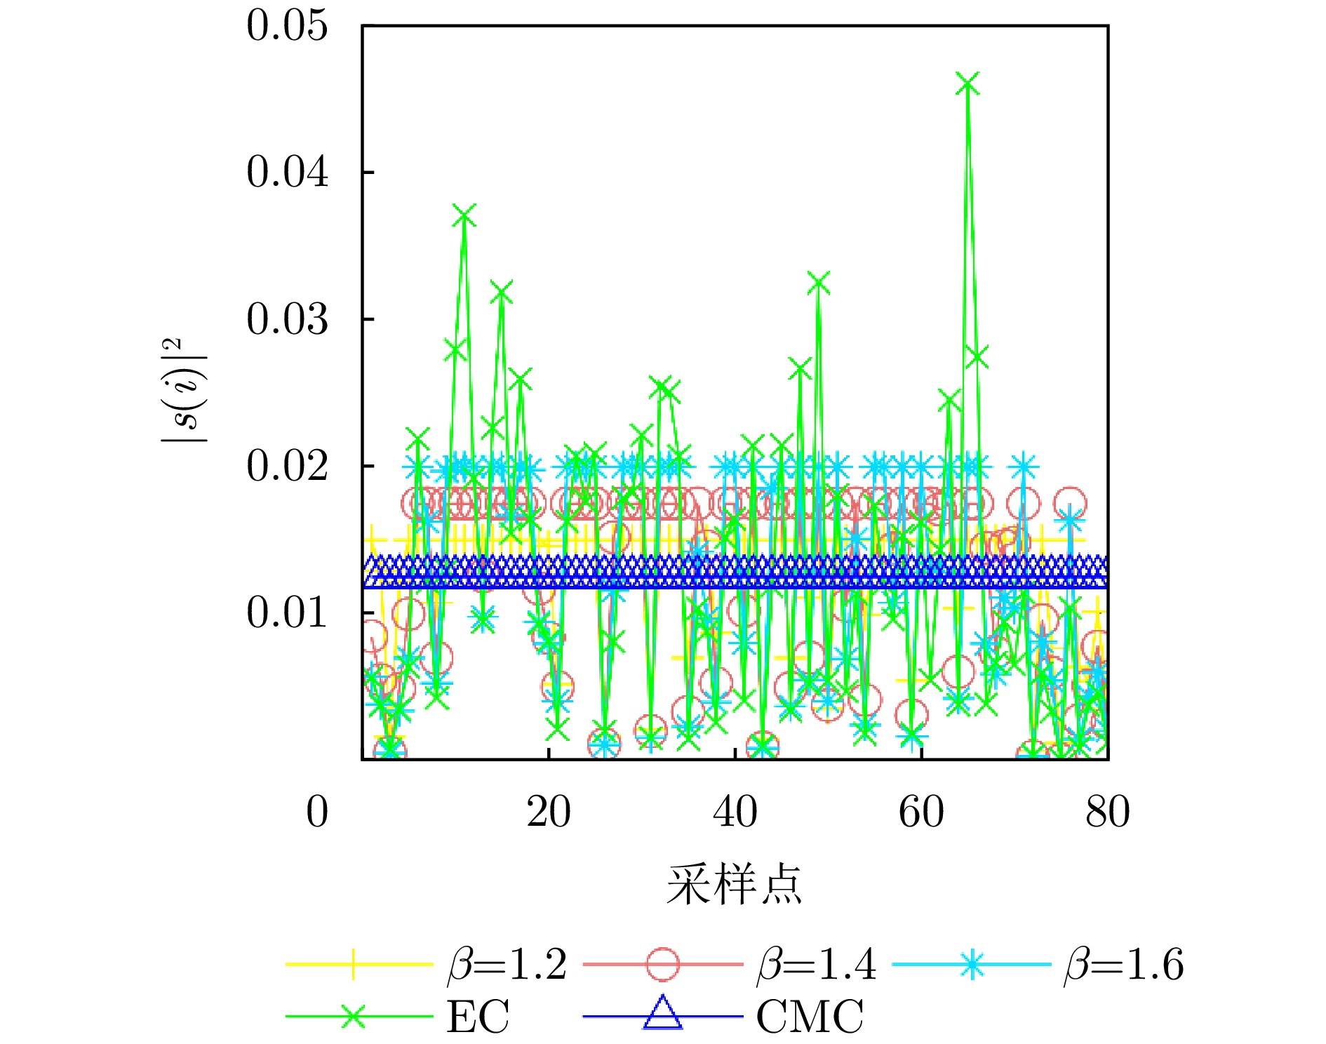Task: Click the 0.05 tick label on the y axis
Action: pyautogui.click(x=287, y=26)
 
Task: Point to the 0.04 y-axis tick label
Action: pyautogui.click(x=287, y=172)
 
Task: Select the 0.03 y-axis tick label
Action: pyautogui.click(x=287, y=319)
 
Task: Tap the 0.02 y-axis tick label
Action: pyautogui.click(x=287, y=466)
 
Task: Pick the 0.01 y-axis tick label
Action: pyautogui.click(x=287, y=613)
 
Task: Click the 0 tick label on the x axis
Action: pyautogui.click(x=317, y=812)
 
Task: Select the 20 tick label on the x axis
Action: pyautogui.click(x=549, y=812)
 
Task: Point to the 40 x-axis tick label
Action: pyautogui.click(x=735, y=812)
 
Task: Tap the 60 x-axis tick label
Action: pyautogui.click(x=921, y=812)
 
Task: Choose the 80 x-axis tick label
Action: pyautogui.click(x=1107, y=812)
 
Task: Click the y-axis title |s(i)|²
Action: pyautogui.click(x=184, y=390)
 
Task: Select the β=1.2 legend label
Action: pyautogui.click(x=507, y=964)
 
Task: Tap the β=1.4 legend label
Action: pyautogui.click(x=817, y=964)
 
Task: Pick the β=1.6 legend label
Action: pyautogui.click(x=1124, y=964)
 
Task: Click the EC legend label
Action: pyautogui.click(x=478, y=1016)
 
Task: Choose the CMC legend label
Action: pyautogui.click(x=810, y=1016)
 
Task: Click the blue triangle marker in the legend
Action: pyautogui.click(x=662, y=1014)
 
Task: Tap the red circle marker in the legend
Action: pyautogui.click(x=662, y=964)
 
